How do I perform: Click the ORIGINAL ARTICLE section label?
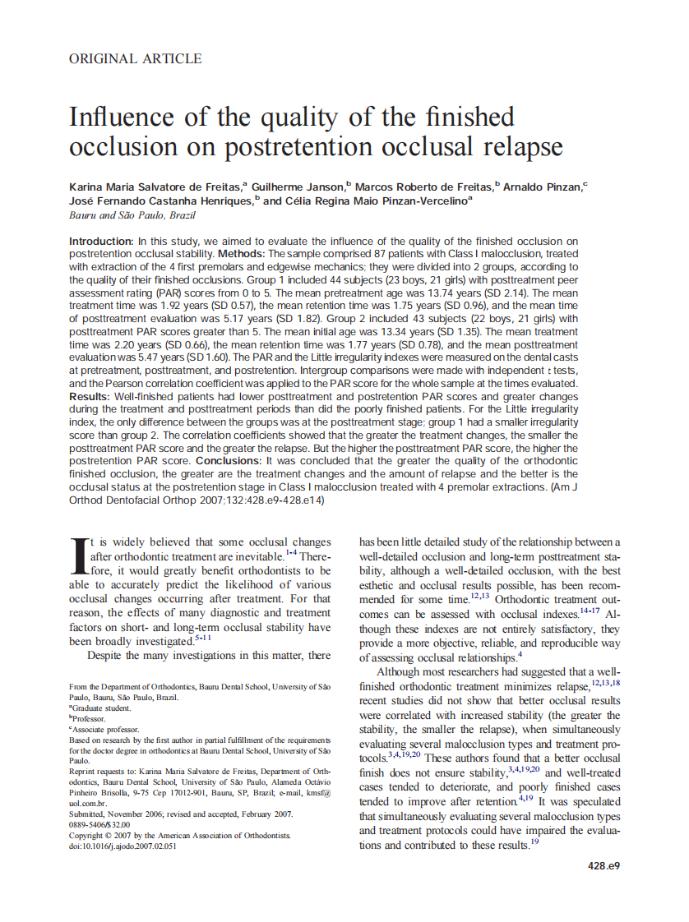click(x=136, y=58)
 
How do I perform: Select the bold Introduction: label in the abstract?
click(x=101, y=242)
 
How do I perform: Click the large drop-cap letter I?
click(x=79, y=556)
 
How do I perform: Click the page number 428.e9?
click(x=603, y=865)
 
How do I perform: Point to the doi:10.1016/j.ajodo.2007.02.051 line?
click(x=135, y=846)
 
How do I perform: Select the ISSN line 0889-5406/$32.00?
click(x=104, y=824)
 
